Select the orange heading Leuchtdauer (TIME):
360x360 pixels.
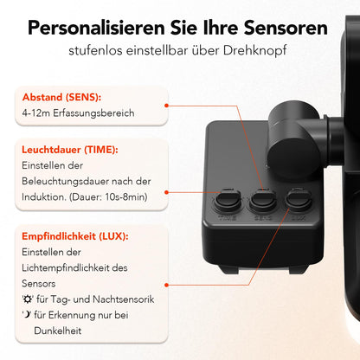coord(69,150)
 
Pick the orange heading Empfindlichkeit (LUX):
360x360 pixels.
coord(75,235)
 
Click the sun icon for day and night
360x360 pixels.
coord(27,299)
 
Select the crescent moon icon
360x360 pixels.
coord(27,315)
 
